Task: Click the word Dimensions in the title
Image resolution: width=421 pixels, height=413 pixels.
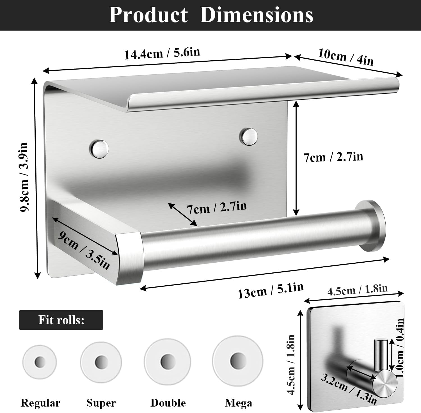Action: coord(256,15)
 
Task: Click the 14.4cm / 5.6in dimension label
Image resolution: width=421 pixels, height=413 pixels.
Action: coord(162,53)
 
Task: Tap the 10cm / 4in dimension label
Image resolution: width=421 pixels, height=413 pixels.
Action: coord(346,57)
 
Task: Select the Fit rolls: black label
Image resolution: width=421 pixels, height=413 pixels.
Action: coord(61,320)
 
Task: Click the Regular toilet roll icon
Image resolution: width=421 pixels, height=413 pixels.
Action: coord(40,361)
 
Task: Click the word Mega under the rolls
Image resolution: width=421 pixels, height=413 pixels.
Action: coord(238,403)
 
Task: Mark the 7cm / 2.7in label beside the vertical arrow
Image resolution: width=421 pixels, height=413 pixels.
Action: coord(333,157)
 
